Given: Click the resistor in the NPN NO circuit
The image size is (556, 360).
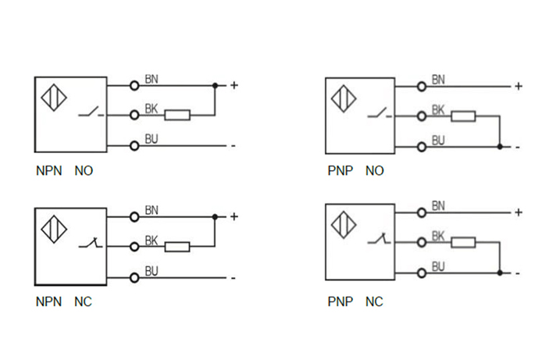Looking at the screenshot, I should [x=177, y=116].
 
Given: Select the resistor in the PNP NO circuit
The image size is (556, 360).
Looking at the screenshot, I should [x=464, y=116].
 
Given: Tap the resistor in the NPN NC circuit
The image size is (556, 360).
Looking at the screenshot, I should [x=177, y=247].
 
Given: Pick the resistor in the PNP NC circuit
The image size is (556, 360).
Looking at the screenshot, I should [x=464, y=243].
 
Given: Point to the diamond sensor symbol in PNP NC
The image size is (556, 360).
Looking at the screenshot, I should [x=344, y=225].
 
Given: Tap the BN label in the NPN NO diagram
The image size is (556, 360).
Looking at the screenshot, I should [x=151, y=80].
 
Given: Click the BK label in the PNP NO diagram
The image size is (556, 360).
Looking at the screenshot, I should [x=438, y=111].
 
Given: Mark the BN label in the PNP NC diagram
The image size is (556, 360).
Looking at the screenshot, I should [x=438, y=206].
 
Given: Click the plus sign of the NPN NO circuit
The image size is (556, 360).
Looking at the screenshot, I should [x=233, y=85].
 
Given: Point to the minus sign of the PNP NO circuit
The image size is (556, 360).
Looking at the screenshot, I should [x=518, y=147].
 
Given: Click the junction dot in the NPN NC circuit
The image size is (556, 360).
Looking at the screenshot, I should [x=215, y=216].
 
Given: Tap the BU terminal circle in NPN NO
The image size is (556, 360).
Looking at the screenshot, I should [x=134, y=145].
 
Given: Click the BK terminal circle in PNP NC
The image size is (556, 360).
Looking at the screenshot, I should [x=422, y=242].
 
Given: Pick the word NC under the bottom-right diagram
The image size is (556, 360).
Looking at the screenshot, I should [x=374, y=301].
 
